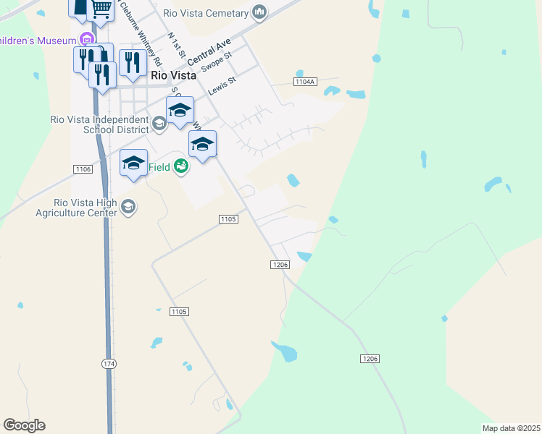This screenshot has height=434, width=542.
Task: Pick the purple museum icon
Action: [88, 38]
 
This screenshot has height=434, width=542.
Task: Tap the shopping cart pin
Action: [101, 9]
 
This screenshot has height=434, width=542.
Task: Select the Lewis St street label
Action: [222, 86]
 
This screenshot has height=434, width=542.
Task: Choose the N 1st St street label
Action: [177, 45]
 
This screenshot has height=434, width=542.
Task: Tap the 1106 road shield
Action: [83, 169]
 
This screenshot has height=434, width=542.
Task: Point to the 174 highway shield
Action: [109, 363]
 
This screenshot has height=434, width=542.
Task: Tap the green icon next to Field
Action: [181, 167]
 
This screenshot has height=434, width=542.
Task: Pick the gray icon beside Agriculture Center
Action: [129, 208]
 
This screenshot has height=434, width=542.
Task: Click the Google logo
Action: [24, 425]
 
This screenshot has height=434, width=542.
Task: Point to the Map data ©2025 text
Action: [510, 428]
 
